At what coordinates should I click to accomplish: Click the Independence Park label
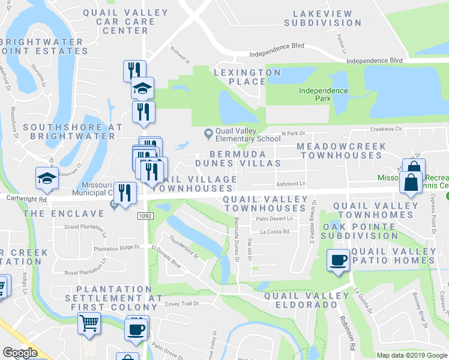(x=324, y=95)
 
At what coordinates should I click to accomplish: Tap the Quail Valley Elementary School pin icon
(x=208, y=133)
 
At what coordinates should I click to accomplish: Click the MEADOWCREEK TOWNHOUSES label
(x=341, y=151)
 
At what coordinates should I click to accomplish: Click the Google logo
(x=20, y=352)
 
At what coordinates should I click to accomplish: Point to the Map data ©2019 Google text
(x=411, y=355)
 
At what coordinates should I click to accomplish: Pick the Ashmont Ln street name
(x=291, y=184)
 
